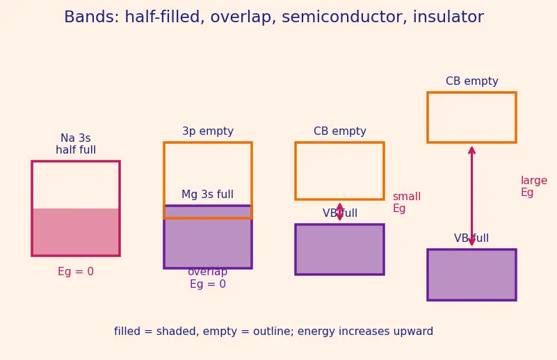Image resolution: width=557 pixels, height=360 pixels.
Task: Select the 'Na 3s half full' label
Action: [x=76, y=144]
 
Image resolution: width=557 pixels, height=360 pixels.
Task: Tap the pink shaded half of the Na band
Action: [x=76, y=231]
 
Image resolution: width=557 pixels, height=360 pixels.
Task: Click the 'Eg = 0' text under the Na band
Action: [x=76, y=272]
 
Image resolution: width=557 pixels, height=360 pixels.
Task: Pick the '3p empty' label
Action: [x=208, y=131]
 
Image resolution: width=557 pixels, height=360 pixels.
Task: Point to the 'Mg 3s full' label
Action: [x=207, y=195]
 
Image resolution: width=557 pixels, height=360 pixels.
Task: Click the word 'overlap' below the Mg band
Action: [x=207, y=272]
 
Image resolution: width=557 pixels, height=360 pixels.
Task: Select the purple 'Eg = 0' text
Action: [x=208, y=284]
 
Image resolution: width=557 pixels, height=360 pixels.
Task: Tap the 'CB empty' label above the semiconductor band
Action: [x=339, y=131]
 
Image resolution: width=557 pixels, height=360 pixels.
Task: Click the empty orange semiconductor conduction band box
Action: [x=339, y=143]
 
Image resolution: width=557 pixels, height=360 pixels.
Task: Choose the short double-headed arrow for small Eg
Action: [x=339, y=212]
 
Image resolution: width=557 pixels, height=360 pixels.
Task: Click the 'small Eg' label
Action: [x=406, y=202]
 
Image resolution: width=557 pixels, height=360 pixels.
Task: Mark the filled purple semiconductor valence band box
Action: [x=339, y=249]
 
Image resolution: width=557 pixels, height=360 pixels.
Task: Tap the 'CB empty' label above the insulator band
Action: [x=471, y=81]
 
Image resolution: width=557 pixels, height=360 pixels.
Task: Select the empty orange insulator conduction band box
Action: [x=471, y=92]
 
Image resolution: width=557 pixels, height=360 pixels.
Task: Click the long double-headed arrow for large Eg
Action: [x=471, y=196]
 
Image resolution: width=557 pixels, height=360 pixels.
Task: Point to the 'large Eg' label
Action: [x=534, y=186]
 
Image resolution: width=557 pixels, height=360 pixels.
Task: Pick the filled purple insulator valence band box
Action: [x=471, y=275]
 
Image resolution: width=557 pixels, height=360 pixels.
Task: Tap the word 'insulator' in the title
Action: [x=449, y=17]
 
